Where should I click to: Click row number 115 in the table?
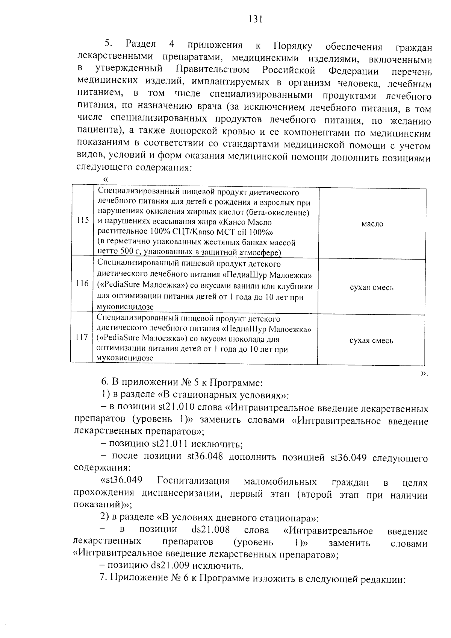point(82,220)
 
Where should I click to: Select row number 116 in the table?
point(82,284)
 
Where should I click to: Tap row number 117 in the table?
point(82,337)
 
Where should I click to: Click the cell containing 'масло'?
point(372,224)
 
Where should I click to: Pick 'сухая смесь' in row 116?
point(371,288)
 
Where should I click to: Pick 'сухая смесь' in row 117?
point(371,341)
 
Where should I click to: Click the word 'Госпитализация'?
point(193,482)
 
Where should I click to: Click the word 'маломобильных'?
point(280,482)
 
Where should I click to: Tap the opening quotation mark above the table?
point(106,180)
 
